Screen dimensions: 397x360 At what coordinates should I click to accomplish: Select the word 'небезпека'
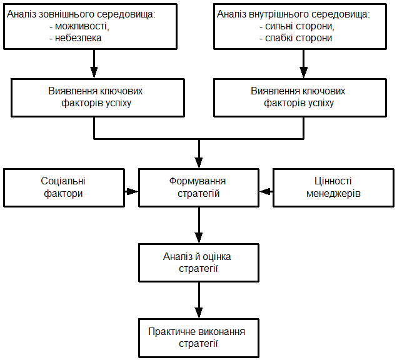click(x=78, y=38)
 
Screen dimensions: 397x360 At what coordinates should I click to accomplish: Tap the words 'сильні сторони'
click(x=299, y=26)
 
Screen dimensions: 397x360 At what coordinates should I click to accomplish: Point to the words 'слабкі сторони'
click(x=298, y=38)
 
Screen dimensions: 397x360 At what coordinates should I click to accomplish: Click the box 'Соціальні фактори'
click(x=64, y=187)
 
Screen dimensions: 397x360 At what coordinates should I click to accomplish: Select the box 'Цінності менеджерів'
click(x=333, y=187)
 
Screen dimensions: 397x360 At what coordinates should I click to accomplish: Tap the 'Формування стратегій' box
click(x=199, y=187)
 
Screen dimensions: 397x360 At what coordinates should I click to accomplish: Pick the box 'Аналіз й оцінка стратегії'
click(x=199, y=262)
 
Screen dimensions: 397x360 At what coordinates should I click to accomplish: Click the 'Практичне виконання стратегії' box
click(x=199, y=338)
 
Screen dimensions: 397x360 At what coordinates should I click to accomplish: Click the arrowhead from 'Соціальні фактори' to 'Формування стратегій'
click(x=132, y=191)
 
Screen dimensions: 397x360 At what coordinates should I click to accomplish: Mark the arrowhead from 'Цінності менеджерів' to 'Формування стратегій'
click(x=265, y=191)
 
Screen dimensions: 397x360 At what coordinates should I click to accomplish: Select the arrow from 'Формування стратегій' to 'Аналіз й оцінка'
click(x=199, y=226)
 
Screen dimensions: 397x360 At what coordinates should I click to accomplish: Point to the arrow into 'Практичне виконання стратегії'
click(x=199, y=300)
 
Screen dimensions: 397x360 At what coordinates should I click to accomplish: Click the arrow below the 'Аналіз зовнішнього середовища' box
click(x=94, y=64)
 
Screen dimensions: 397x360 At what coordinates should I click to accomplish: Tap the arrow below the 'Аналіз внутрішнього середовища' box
click(x=304, y=64)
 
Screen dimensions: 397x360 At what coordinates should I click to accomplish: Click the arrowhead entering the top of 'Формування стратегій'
click(x=199, y=162)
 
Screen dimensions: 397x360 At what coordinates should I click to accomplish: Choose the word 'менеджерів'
click(x=333, y=194)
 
